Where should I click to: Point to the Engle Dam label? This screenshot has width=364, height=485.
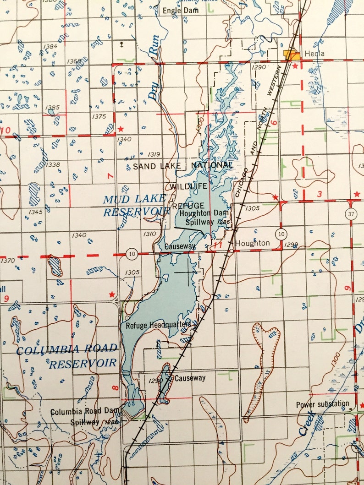point(182,10)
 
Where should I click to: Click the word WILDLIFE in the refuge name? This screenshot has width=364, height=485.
point(188,186)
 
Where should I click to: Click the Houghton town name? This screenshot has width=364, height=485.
point(252,243)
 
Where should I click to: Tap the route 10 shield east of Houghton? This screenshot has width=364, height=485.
point(280,234)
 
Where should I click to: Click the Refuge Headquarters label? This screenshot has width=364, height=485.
point(158,325)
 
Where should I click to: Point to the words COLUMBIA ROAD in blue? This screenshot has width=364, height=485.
point(66,349)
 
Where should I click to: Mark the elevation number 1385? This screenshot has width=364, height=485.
point(53,108)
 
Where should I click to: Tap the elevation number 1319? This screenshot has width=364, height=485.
point(154,154)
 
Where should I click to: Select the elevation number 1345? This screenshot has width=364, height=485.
point(35,212)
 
